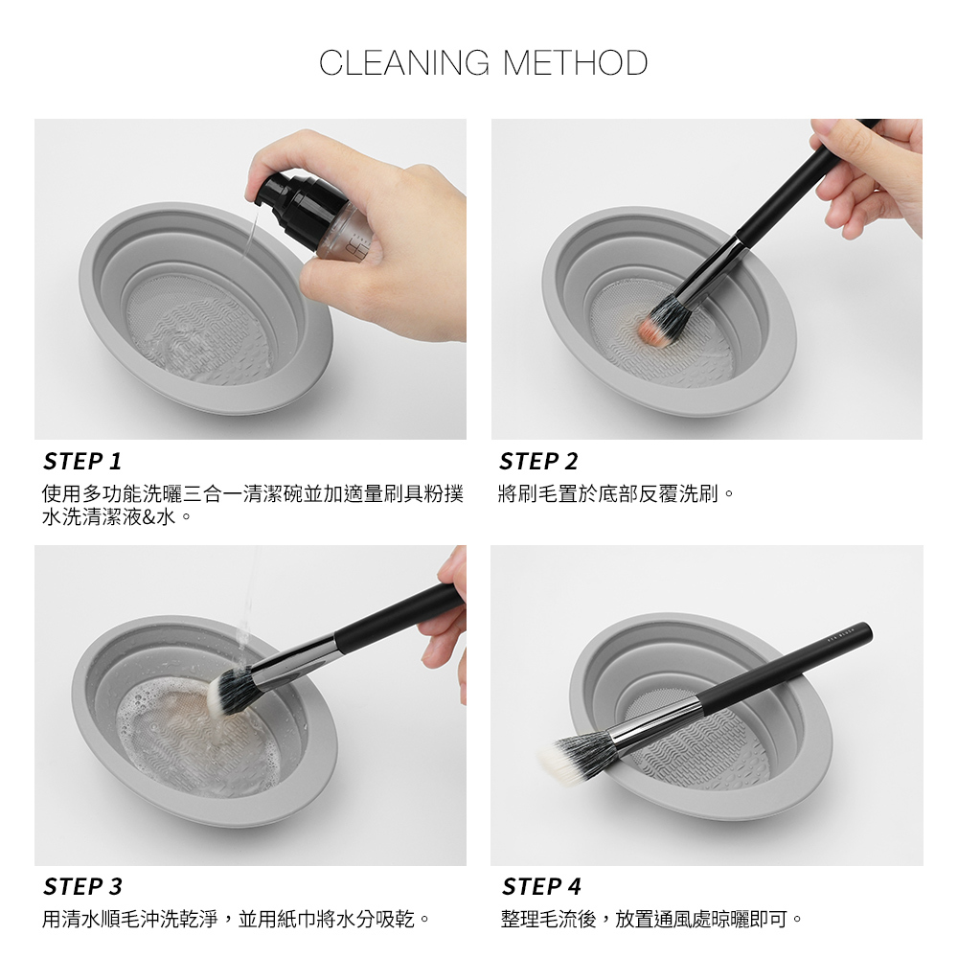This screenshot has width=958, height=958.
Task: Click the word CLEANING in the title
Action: tap(404, 63)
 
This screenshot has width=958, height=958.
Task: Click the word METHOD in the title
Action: tap(576, 63)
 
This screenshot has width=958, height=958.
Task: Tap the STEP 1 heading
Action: tap(82, 462)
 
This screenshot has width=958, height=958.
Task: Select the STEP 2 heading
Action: tap(538, 462)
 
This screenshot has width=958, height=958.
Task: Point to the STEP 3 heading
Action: tap(82, 886)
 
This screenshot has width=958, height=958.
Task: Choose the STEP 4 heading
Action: tap(541, 886)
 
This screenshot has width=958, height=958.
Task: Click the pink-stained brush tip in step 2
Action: tap(649, 329)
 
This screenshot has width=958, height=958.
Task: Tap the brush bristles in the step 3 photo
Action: tap(228, 691)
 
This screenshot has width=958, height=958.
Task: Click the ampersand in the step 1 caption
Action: tap(149, 517)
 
